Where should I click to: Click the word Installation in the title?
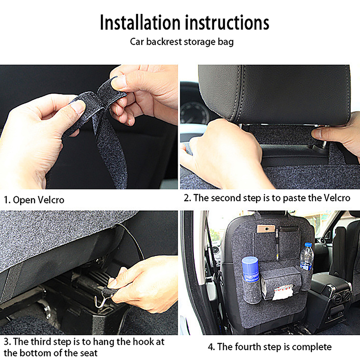pyautogui.click(x=140, y=22)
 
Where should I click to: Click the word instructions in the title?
pyautogui.click(x=227, y=22)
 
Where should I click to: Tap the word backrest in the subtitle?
pyautogui.click(x=164, y=42)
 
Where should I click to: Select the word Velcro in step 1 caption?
pyautogui.click(x=51, y=200)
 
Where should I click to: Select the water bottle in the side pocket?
pyautogui.click(x=306, y=256)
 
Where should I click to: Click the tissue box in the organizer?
pyautogui.click(x=281, y=283)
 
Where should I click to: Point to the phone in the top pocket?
pyautogui.click(x=266, y=229)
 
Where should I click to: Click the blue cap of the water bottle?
pyautogui.click(x=308, y=245)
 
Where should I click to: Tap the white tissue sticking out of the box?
pyautogui.click(x=283, y=292)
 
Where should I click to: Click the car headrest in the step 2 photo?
pyautogui.click(x=274, y=94)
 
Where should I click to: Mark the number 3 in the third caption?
pyautogui.click(x=6, y=342)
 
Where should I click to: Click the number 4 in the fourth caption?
pyautogui.click(x=211, y=347)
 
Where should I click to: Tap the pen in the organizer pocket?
pyautogui.click(x=277, y=243)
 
